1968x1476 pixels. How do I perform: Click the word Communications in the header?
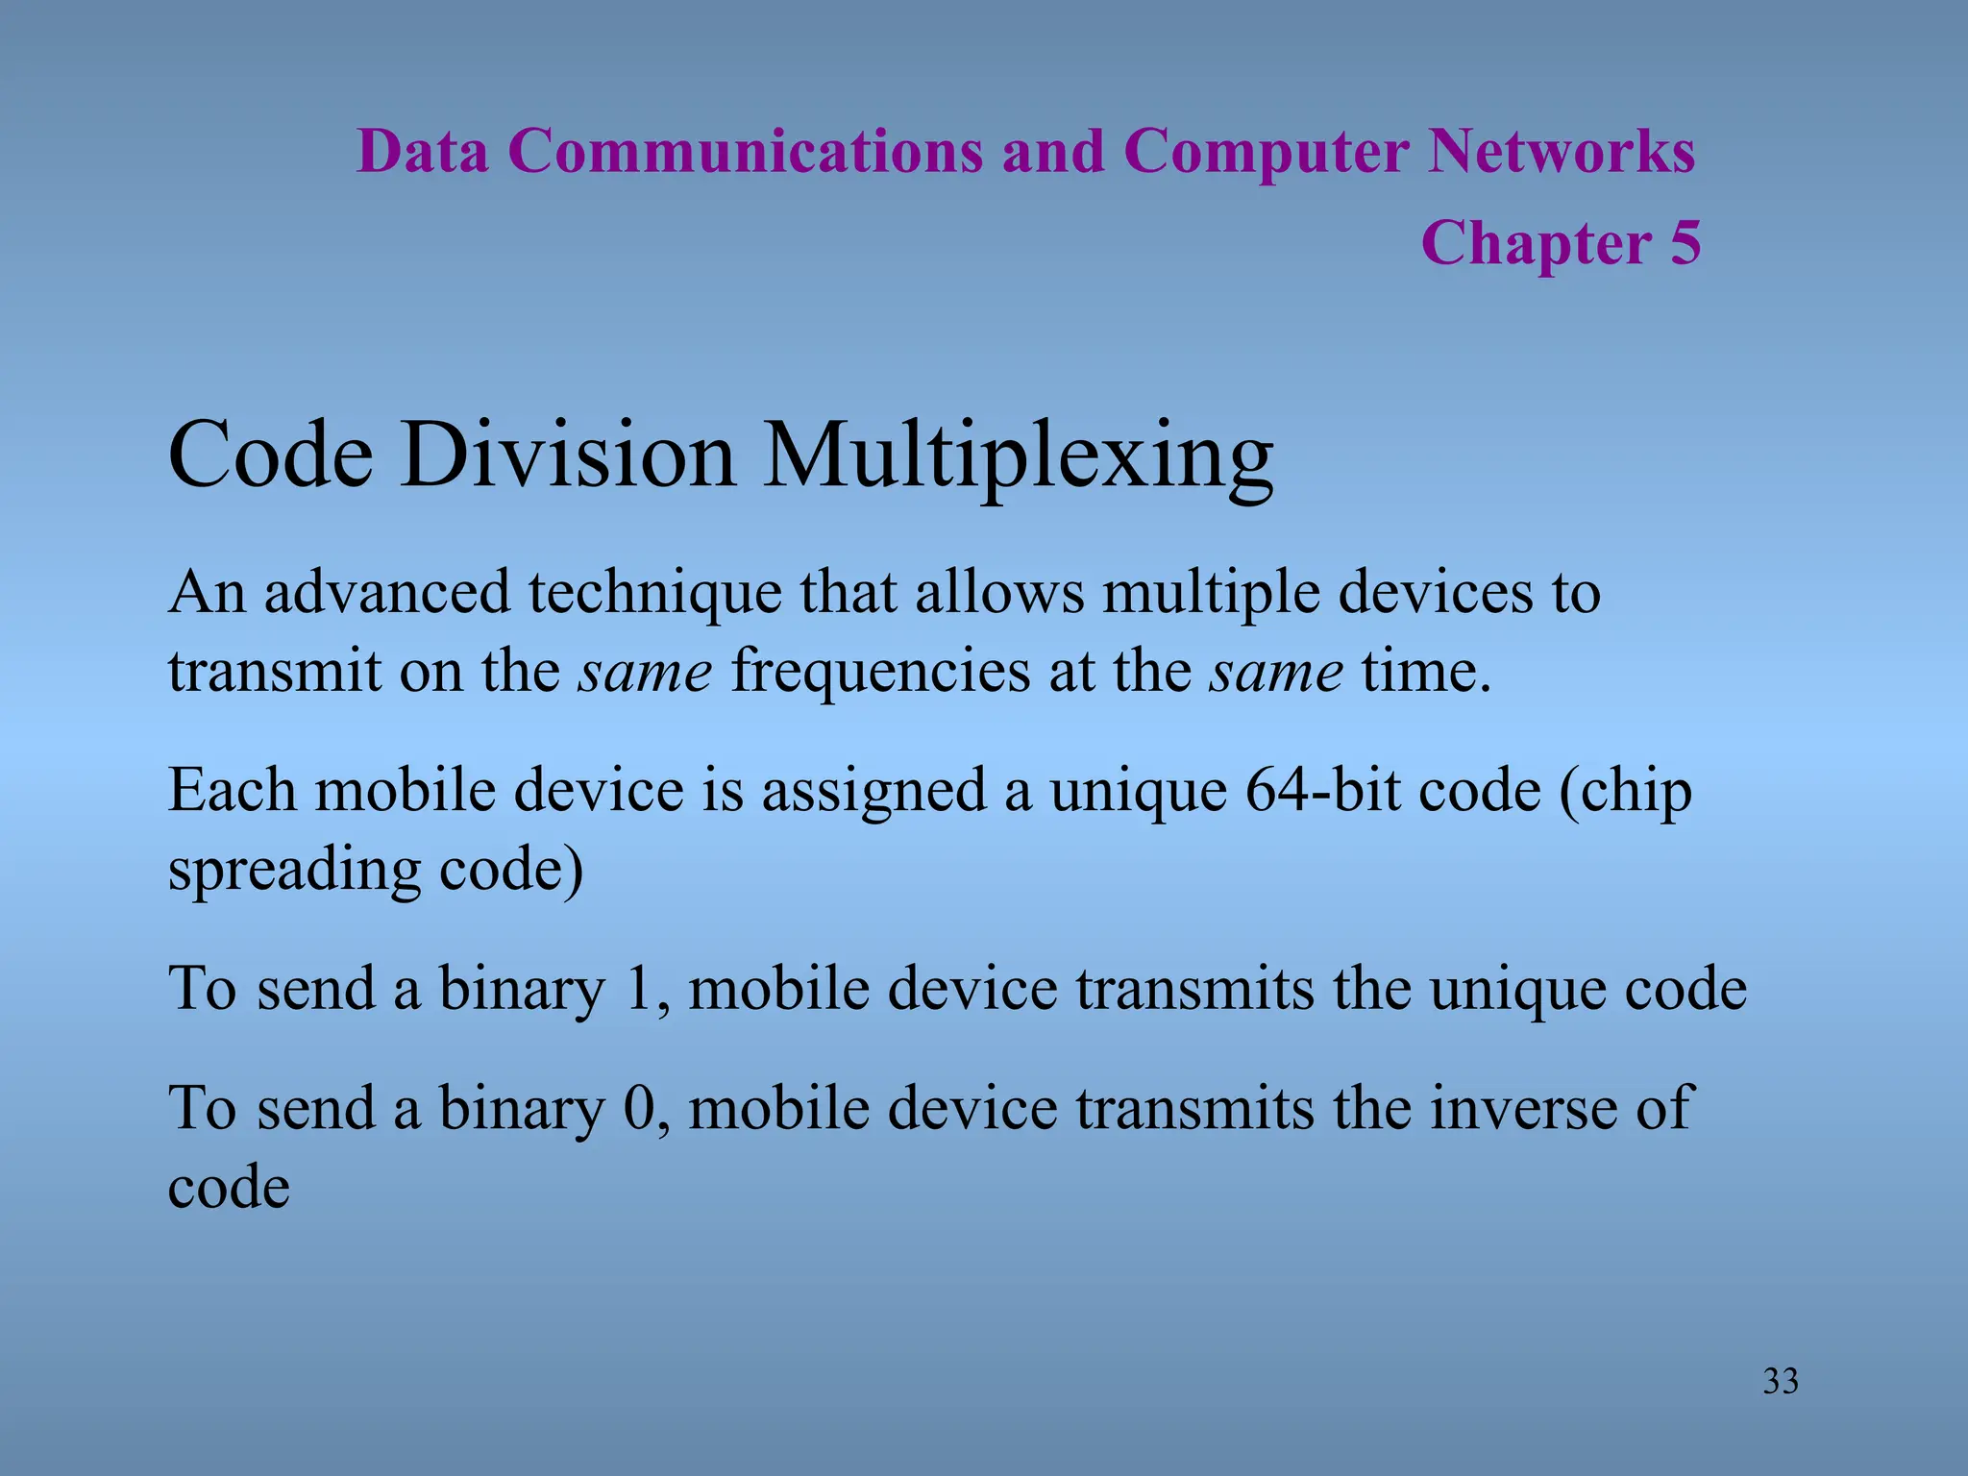pos(746,152)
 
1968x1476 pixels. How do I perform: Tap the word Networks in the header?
pos(1561,152)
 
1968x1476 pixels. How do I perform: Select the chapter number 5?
pos(1685,242)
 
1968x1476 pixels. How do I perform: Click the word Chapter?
pos(1536,244)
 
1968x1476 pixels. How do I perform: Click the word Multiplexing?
pos(1019,459)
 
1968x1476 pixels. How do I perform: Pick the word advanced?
pos(386,592)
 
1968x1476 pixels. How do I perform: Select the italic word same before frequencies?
pos(645,672)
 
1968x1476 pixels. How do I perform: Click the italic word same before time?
pos(1276,672)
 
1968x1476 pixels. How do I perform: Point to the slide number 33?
pos(1780,1381)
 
